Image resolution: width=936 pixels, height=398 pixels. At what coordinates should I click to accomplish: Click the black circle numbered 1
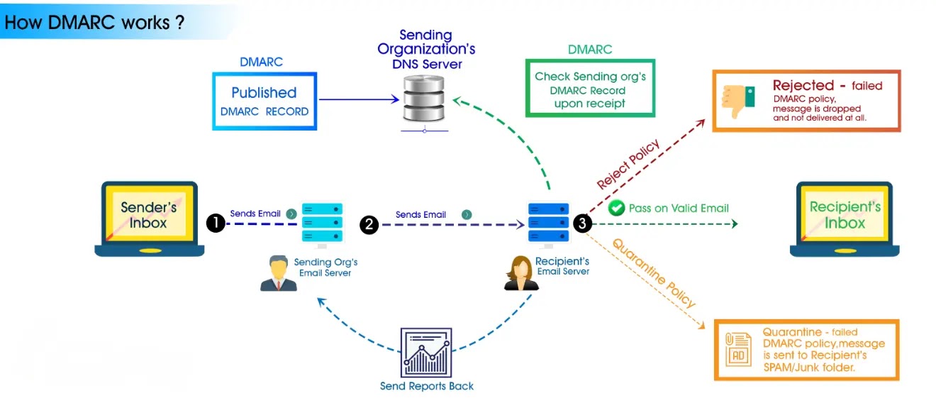click(x=216, y=223)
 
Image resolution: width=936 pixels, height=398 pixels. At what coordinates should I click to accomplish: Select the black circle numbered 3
click(x=582, y=223)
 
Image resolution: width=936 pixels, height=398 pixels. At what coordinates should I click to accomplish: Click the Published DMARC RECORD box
click(x=264, y=101)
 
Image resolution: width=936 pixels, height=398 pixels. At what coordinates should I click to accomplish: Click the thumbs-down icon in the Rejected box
click(x=737, y=101)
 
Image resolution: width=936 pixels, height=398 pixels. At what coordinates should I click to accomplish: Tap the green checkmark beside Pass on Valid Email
click(x=616, y=208)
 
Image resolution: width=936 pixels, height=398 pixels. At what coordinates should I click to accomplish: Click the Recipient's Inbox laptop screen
click(x=845, y=215)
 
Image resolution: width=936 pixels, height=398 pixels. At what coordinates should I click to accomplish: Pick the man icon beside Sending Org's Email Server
click(x=278, y=272)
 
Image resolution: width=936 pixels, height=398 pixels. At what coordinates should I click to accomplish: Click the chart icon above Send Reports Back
click(x=426, y=353)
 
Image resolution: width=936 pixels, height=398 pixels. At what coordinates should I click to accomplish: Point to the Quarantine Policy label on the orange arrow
click(x=654, y=273)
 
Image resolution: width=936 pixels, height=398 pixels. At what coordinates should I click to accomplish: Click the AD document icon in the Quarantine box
click(x=738, y=350)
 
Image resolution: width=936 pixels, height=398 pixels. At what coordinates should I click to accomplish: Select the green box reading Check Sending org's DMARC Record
click(x=590, y=89)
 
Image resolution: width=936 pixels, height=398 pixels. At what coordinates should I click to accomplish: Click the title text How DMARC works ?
click(x=94, y=22)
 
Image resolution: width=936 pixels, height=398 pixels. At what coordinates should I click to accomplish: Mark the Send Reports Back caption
click(x=426, y=386)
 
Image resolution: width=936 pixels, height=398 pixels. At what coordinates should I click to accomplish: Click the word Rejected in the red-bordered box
click(x=803, y=86)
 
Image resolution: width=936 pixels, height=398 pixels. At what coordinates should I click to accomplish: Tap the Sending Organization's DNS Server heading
click(x=426, y=49)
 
